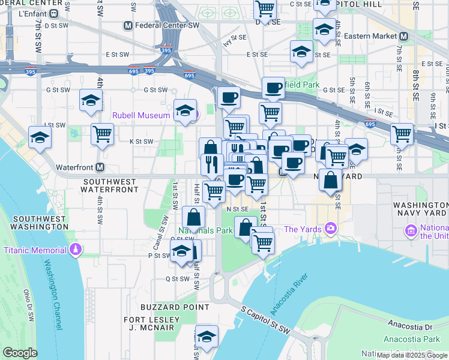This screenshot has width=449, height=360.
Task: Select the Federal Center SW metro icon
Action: (127, 26)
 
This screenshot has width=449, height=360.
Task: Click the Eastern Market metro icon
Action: (404, 36)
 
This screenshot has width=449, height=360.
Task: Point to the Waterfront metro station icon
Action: (100, 167)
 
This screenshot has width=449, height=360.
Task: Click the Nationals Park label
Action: (205, 230)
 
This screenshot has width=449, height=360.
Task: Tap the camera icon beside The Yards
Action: (330, 229)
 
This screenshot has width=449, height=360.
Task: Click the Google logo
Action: (20, 353)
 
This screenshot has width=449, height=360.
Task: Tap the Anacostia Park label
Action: (414, 339)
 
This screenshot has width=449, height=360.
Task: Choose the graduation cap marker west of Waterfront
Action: (40, 137)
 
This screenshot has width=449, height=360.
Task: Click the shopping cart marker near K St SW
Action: (103, 133)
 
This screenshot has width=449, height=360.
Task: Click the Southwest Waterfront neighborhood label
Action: (110, 185)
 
